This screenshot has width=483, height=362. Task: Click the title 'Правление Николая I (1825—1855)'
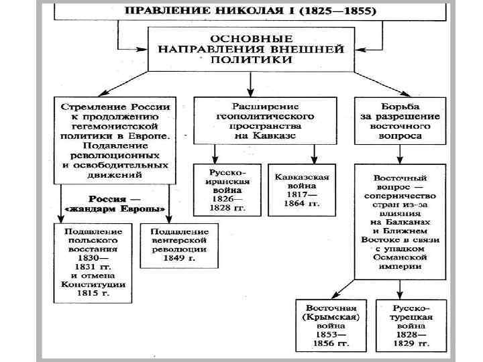250,12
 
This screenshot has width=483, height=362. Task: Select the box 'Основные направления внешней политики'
250,49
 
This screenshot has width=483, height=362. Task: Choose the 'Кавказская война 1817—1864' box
301,190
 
